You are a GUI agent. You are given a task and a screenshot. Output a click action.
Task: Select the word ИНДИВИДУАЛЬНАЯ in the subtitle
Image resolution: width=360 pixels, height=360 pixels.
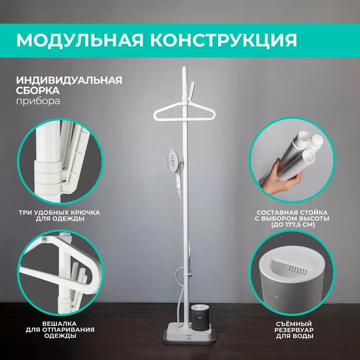click(69, 80)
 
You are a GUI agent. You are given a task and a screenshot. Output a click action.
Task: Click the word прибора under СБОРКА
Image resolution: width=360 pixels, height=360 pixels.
click(38, 101)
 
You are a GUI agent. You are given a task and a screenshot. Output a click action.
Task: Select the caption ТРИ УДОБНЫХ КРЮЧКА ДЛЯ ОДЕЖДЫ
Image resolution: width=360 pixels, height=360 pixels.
click(59, 215)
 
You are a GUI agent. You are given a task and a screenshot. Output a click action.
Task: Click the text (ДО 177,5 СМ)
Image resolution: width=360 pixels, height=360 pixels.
click(292, 224)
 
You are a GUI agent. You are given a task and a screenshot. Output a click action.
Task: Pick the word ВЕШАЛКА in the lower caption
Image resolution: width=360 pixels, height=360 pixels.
click(59, 324)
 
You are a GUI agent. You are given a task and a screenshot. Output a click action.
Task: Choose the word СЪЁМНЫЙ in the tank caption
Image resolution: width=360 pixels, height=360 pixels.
click(294, 324)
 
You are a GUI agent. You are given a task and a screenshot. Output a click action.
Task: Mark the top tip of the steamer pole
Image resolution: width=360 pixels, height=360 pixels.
click(185, 67)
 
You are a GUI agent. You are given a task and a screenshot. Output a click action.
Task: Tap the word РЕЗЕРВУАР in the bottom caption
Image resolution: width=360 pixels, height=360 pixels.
click(294, 330)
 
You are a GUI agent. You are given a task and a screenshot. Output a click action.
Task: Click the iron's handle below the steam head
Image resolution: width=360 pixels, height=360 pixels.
click(179, 181)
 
